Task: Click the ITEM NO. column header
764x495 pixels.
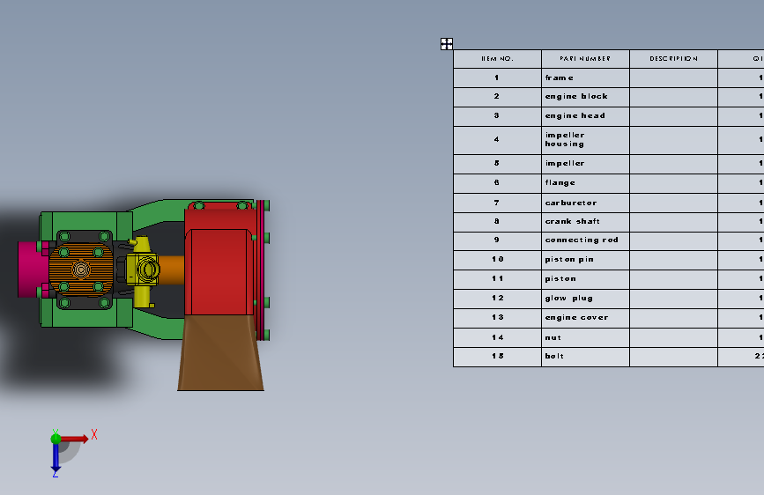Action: click(x=497, y=59)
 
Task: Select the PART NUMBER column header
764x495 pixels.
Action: click(x=585, y=59)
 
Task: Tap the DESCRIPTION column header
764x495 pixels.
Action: click(x=673, y=59)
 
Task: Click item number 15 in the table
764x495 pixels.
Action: click(x=497, y=357)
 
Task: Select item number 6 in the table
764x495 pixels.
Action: click(x=497, y=183)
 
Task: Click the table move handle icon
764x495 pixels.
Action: click(x=447, y=43)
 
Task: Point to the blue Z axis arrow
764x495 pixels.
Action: click(x=55, y=458)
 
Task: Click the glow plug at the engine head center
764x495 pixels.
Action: click(x=81, y=270)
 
